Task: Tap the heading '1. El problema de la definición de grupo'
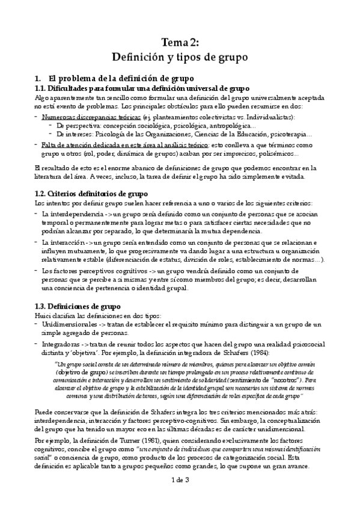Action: (113, 78)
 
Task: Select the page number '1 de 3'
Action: (180, 479)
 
